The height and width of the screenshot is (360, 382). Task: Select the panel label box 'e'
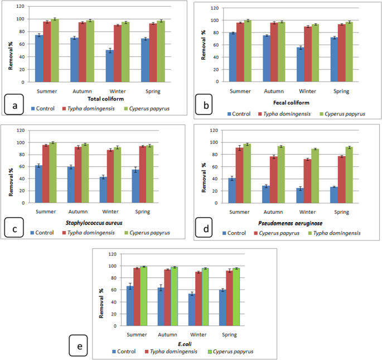pos(80,347)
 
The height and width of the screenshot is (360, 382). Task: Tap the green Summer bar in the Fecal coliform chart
pos(248,51)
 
